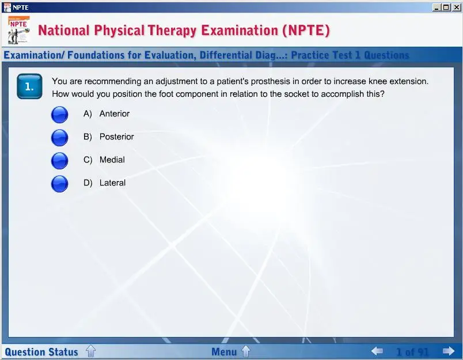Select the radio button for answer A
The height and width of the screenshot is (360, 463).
(x=60, y=115)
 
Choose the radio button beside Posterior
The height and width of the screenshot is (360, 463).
(x=60, y=138)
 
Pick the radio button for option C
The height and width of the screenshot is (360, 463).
(x=60, y=161)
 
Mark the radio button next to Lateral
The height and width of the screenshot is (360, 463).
(x=60, y=184)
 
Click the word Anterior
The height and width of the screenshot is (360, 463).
(x=115, y=113)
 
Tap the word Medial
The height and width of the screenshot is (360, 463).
(x=112, y=160)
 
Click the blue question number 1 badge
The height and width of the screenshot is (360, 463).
(x=29, y=86)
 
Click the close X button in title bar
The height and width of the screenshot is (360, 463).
(x=457, y=7)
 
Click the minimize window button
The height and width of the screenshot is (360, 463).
(x=437, y=7)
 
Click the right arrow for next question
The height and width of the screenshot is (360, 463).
(x=449, y=351)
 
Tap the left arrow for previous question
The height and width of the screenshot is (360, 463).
(x=377, y=351)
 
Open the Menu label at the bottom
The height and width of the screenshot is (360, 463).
(x=224, y=352)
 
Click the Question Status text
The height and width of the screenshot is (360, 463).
(x=41, y=352)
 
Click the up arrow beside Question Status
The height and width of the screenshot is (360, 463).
(x=90, y=351)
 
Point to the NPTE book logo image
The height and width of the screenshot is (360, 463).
(x=19, y=30)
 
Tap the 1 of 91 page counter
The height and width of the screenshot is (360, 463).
(x=412, y=352)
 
